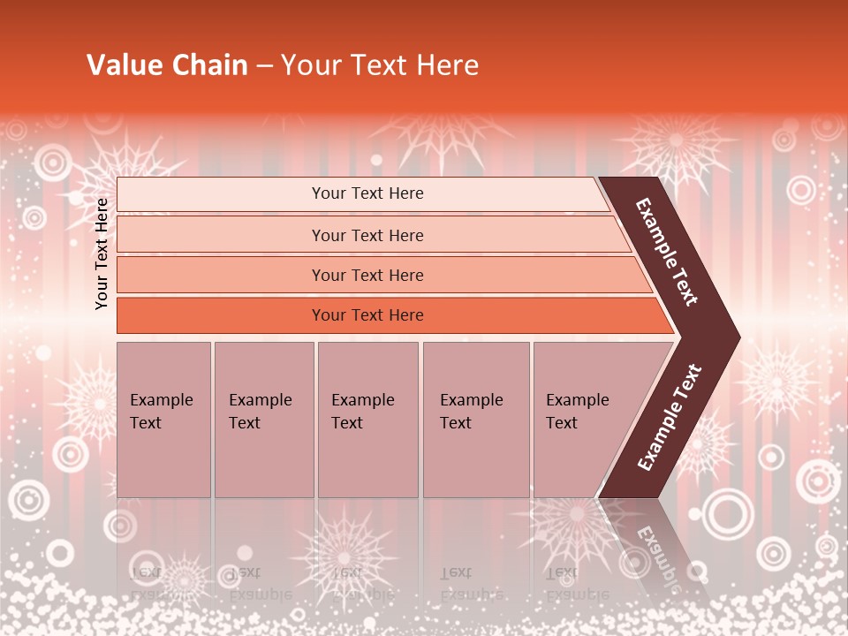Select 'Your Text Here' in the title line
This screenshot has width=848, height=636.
pyautogui.click(x=380, y=65)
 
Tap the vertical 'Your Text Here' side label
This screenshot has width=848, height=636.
pyautogui.click(x=102, y=254)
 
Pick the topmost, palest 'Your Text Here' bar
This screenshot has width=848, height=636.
pyautogui.click(x=367, y=193)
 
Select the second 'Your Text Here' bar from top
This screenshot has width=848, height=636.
pyautogui.click(x=367, y=235)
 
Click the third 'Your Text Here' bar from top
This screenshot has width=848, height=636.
pyautogui.click(x=367, y=275)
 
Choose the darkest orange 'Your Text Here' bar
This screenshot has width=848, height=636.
pyautogui.click(x=367, y=315)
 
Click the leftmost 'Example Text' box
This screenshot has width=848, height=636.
pyautogui.click(x=163, y=419)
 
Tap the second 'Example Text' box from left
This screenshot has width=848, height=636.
pyautogui.click(x=263, y=419)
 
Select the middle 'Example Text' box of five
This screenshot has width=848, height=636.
pyautogui.click(x=367, y=419)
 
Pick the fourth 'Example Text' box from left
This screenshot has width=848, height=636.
pyautogui.click(x=475, y=419)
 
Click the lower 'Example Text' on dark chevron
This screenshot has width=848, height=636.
pyautogui.click(x=670, y=417)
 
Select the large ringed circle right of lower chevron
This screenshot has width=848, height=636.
pyautogui.click(x=726, y=511)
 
